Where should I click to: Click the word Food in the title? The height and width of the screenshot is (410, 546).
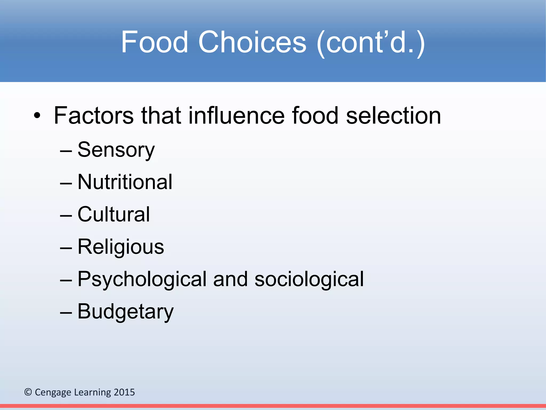pos(155,42)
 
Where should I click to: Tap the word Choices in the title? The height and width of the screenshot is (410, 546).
pos(252,42)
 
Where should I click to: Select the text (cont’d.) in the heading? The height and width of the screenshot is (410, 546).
pos(371,43)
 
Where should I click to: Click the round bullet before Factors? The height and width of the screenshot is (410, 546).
pos(37,116)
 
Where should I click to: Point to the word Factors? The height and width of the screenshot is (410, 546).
pos(94,116)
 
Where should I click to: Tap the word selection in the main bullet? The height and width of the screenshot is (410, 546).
pos(394,116)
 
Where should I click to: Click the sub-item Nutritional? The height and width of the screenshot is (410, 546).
pos(125,182)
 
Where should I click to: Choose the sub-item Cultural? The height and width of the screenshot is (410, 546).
pos(114,214)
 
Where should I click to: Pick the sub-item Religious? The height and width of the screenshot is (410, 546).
pos(121,247)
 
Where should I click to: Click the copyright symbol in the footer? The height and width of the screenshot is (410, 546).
pos(28,392)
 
